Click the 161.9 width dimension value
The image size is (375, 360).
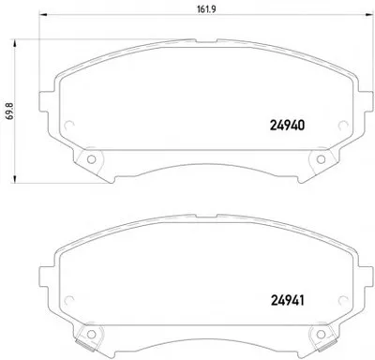pyautogui.click(x=206, y=9)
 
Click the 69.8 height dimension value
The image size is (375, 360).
pyautogui.click(x=9, y=111)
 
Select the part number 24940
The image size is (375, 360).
pyautogui.click(x=287, y=126)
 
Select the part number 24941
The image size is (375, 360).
pyautogui.click(x=287, y=301)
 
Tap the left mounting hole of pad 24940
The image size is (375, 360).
pyautogui.click(x=91, y=159)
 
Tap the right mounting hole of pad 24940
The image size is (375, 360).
pyautogui.click(x=321, y=159)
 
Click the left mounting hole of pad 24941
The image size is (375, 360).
pyautogui.click(x=91, y=334)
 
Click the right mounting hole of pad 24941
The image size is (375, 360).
pyautogui.click(x=321, y=334)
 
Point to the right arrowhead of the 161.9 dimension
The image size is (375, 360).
pyautogui.click(x=369, y=14)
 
